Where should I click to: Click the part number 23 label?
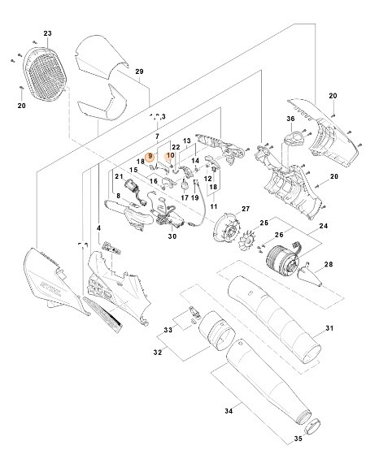pos(47,33)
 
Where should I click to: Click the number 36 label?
pos(290,119)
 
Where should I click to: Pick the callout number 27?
pos(241,210)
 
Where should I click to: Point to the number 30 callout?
pos(172,237)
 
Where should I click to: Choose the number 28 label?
pos(329,265)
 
